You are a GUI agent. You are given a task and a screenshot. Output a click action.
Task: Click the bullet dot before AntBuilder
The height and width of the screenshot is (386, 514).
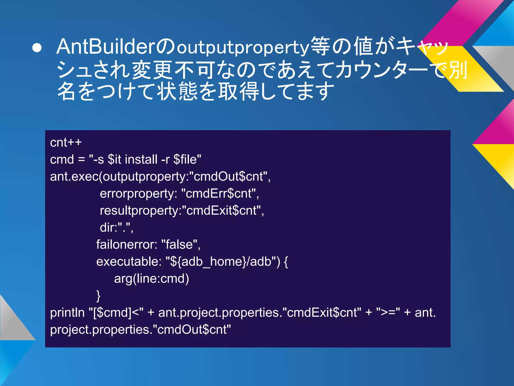(x=37, y=48)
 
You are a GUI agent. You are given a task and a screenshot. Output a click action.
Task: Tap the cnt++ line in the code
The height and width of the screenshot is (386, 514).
(x=66, y=142)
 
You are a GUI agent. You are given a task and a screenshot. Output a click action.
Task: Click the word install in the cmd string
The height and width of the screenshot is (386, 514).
(x=141, y=159)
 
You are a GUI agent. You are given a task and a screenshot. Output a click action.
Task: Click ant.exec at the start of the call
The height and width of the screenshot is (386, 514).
(x=74, y=176)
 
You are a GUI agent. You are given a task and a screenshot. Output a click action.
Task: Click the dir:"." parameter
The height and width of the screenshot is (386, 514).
(x=116, y=228)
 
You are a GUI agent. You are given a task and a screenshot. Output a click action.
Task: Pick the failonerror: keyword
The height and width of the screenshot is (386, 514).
(x=127, y=245)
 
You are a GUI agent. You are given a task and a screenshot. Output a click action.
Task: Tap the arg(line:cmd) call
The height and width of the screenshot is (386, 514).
(x=151, y=279)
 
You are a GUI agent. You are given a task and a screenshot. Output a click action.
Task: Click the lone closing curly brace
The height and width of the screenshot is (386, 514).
(x=98, y=296)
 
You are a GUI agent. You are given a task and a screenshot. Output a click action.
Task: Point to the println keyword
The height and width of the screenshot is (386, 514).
(x=67, y=313)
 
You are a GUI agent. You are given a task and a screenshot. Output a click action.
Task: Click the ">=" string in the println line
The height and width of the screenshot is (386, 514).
(x=388, y=313)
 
